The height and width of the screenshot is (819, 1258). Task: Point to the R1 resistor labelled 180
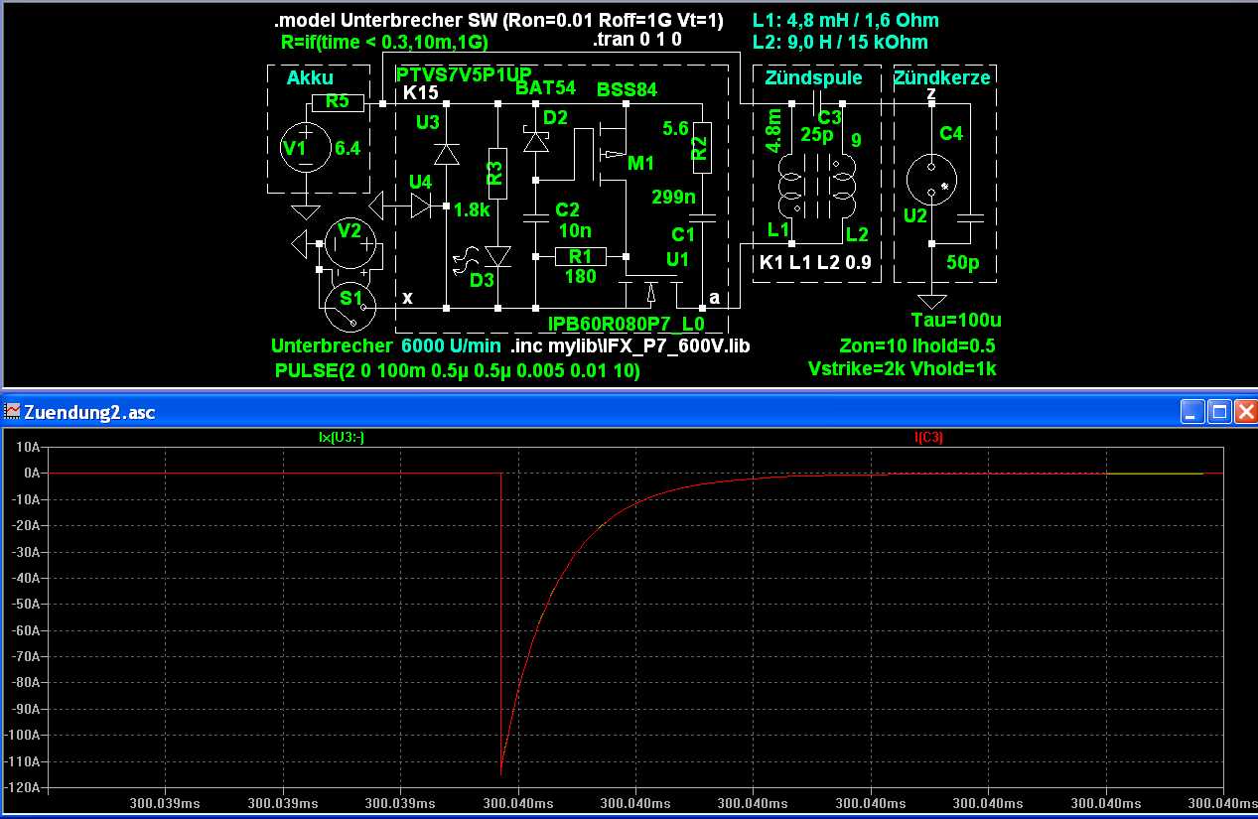coord(581,256)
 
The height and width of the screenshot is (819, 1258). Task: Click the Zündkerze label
coord(942,77)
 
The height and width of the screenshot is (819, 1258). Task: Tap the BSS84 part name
coord(627,89)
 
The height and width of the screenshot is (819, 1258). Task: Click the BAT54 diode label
coord(545,87)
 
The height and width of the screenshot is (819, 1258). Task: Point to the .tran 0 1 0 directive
coord(636,41)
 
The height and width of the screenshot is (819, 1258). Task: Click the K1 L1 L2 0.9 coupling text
coord(815,263)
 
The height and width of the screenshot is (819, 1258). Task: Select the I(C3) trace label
coord(929,437)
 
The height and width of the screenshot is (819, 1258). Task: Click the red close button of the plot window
coord(1245,411)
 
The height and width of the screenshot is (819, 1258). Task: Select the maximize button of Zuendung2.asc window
coord(1219,411)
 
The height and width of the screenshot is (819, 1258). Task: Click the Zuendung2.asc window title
coord(89,412)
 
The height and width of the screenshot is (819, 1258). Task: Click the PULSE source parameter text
coord(458,370)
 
